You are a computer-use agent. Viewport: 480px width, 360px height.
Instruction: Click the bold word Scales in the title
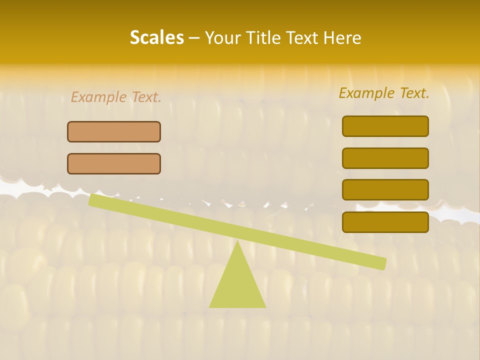[156, 38]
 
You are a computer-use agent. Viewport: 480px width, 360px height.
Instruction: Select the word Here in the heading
[342, 38]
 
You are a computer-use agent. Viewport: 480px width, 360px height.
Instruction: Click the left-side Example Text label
[116, 97]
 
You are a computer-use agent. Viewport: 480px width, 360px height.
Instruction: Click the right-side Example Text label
[384, 93]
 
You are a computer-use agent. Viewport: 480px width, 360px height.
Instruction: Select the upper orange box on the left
[114, 131]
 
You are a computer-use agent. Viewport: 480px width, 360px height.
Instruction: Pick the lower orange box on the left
[114, 163]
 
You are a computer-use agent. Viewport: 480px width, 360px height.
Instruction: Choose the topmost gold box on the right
[385, 126]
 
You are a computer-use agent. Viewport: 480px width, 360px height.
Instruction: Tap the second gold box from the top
[385, 158]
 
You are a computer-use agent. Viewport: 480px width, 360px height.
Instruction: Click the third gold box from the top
[385, 189]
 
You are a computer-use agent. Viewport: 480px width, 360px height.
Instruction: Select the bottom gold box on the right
[385, 222]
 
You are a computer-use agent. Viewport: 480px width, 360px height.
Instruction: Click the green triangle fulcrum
[237, 285]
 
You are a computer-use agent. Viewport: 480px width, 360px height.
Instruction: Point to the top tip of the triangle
[237, 241]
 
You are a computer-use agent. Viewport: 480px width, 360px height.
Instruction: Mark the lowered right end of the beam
[383, 263]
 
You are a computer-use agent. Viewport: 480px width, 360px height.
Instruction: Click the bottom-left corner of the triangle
[210, 306]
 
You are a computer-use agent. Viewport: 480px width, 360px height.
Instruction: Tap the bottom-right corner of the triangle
[265, 306]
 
